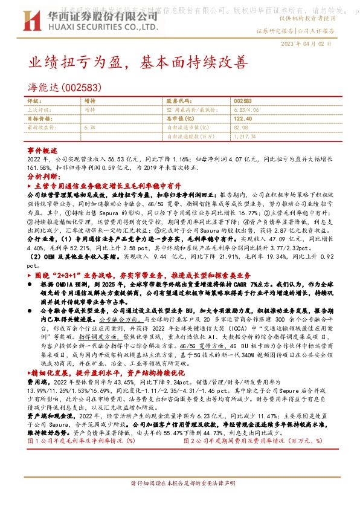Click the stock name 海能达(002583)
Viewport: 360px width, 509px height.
[60, 86]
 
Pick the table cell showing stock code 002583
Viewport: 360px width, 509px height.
[242, 101]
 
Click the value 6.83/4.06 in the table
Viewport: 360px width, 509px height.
[245, 110]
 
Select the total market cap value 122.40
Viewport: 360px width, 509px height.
[242, 119]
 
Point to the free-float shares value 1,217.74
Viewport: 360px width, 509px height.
[245, 137]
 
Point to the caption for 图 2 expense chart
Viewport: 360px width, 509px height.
[242, 441]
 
